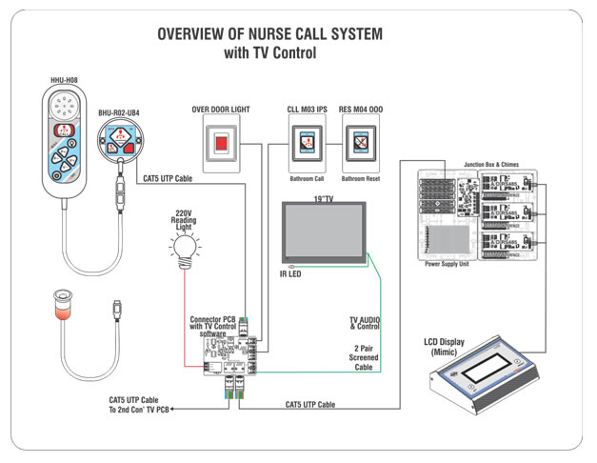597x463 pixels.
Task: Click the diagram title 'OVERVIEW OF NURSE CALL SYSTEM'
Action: [x=269, y=34]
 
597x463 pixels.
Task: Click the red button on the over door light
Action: [x=219, y=144]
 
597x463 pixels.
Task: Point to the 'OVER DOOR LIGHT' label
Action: [x=221, y=110]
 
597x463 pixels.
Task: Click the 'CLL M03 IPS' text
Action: [x=308, y=110]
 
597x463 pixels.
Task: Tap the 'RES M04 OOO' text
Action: [x=361, y=110]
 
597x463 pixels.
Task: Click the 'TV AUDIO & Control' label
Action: [x=366, y=323]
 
